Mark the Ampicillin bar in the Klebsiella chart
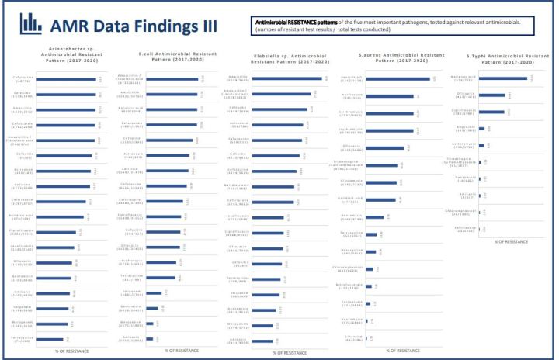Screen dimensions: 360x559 287,78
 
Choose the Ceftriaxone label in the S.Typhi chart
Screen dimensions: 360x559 465,230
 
